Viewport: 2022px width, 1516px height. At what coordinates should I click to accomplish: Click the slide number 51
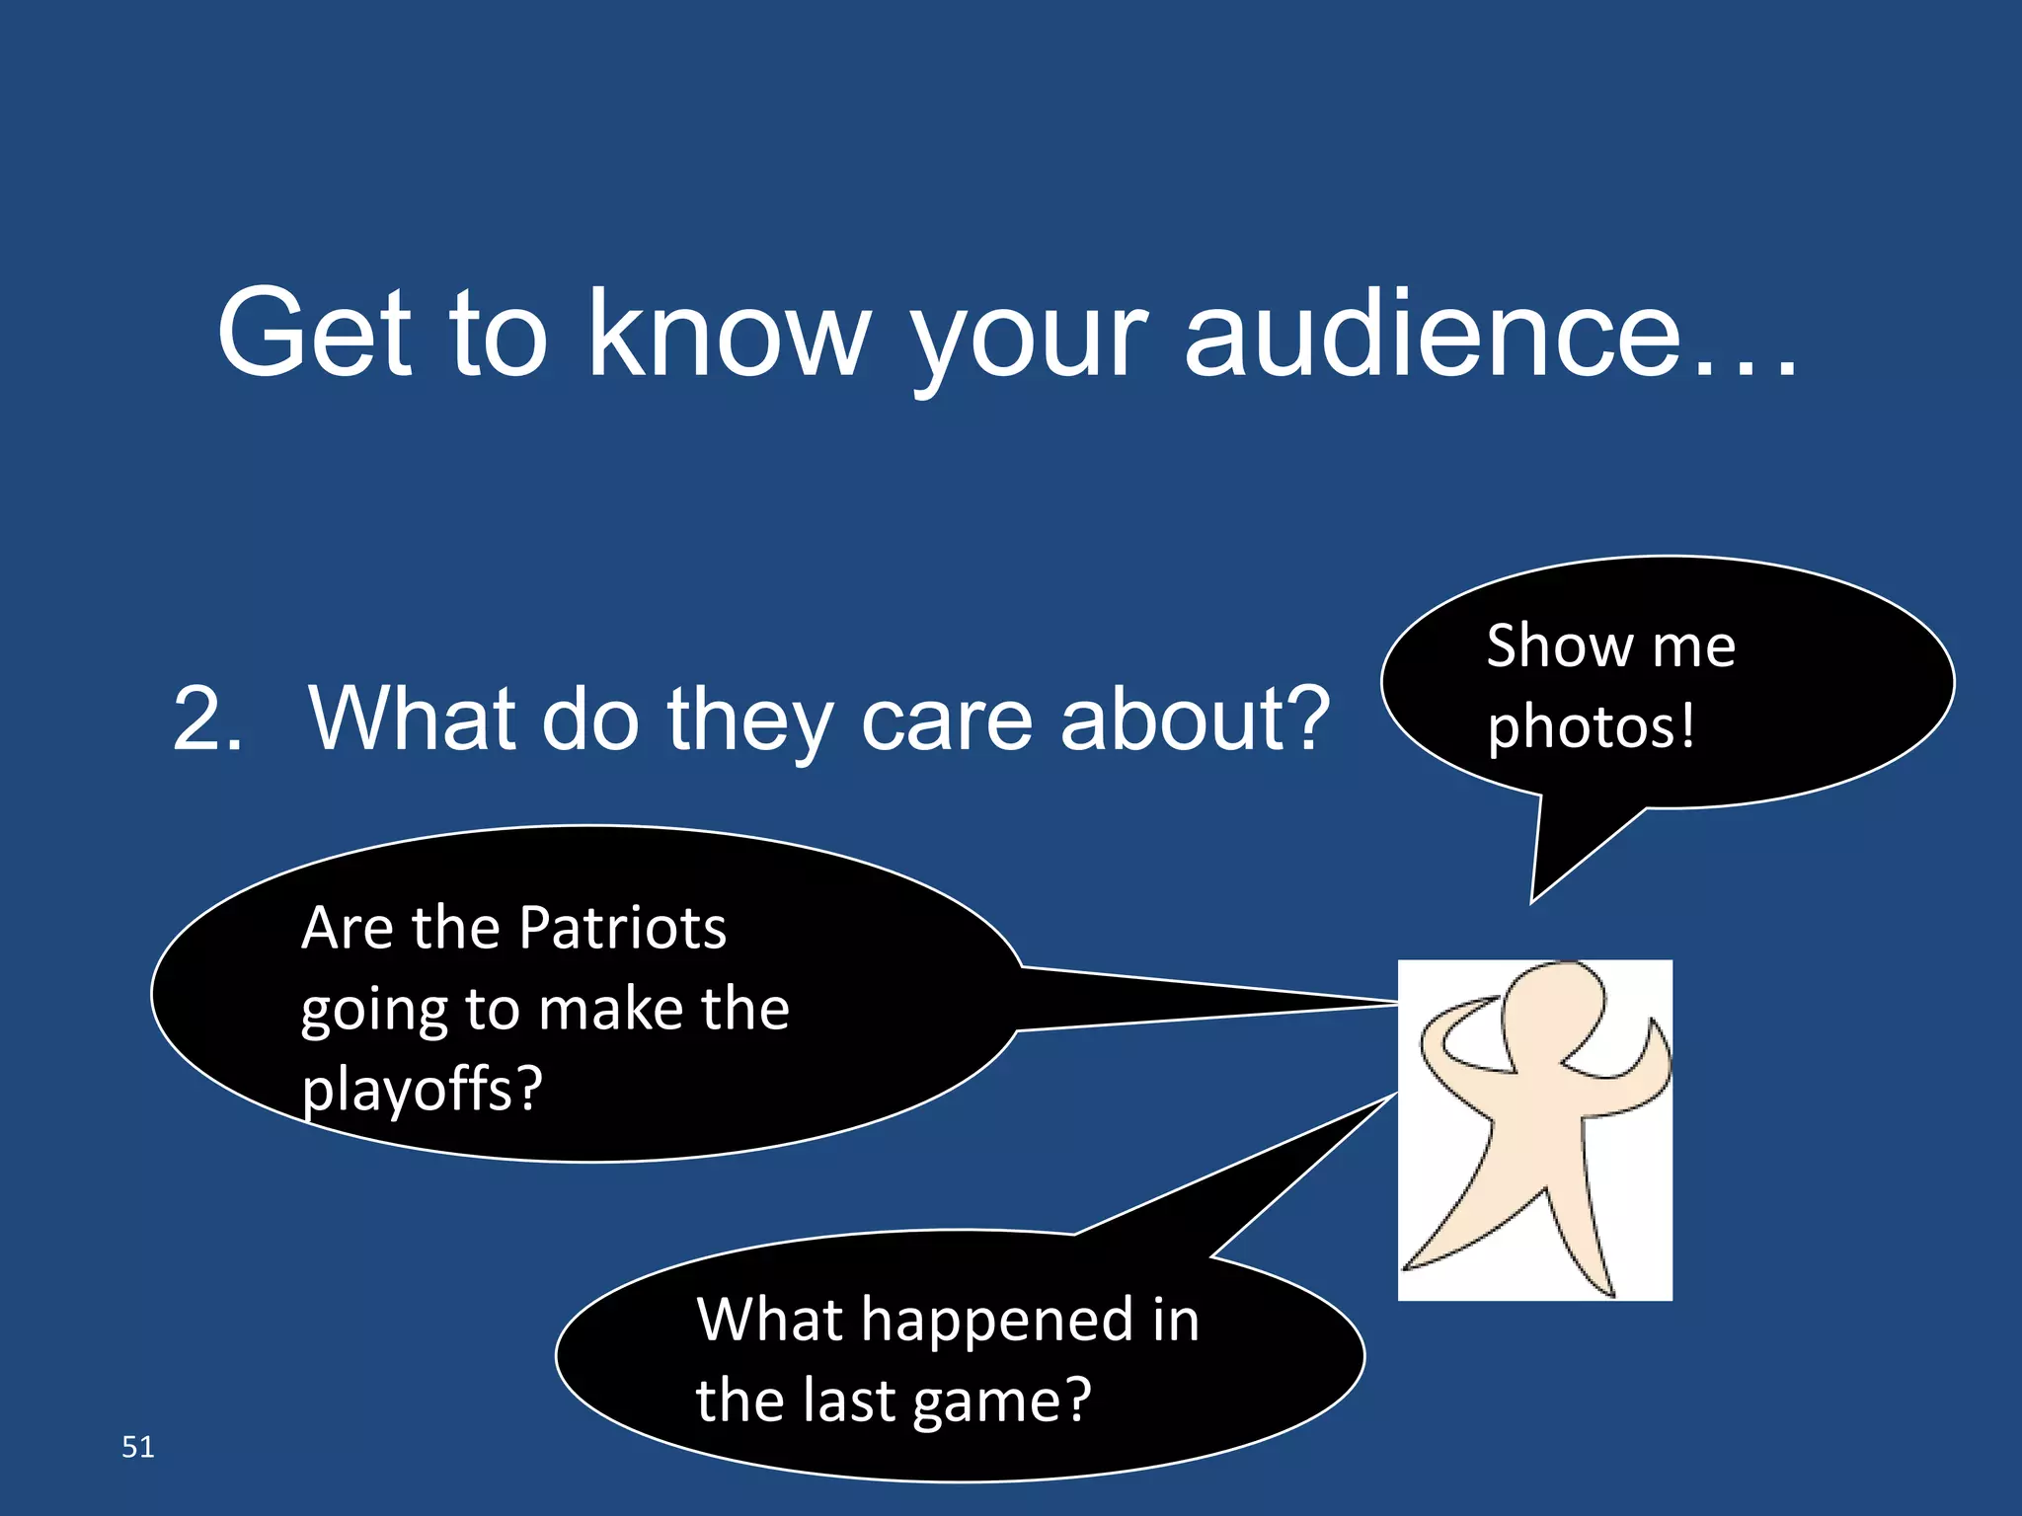(137, 1447)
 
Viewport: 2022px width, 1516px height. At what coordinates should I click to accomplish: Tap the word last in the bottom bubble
(849, 1400)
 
